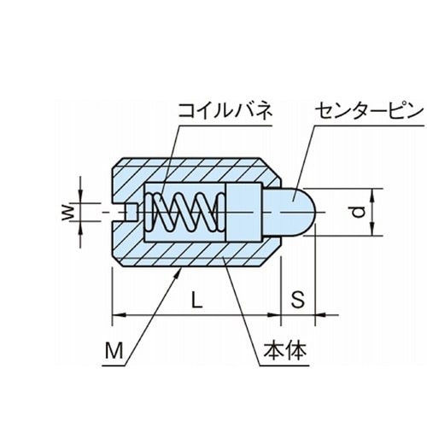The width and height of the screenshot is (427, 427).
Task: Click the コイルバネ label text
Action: pos(225,111)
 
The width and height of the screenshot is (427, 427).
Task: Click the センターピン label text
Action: pos(368,111)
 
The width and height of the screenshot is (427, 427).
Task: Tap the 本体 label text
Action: pos(285,350)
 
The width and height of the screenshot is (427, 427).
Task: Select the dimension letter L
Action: pos(196,300)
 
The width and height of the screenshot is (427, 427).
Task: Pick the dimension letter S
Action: pos(298,300)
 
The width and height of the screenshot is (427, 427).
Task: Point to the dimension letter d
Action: pos(358,213)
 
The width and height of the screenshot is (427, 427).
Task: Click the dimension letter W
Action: pos(68,213)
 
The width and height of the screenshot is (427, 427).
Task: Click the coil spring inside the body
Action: pos(184,213)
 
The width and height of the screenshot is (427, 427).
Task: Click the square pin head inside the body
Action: pos(244,213)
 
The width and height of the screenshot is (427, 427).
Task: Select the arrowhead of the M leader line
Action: pos(178,274)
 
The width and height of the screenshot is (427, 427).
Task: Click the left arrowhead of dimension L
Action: pos(120,315)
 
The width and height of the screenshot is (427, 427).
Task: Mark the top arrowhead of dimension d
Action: pos(372,196)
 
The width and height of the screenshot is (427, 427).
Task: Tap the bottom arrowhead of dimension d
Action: pos(372,229)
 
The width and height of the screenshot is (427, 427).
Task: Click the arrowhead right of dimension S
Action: pos(322,315)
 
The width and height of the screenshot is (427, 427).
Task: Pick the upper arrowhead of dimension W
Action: pos(80,196)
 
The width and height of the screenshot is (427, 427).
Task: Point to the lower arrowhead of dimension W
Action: pos(80,228)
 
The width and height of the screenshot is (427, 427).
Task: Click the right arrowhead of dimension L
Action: pos(274,315)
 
